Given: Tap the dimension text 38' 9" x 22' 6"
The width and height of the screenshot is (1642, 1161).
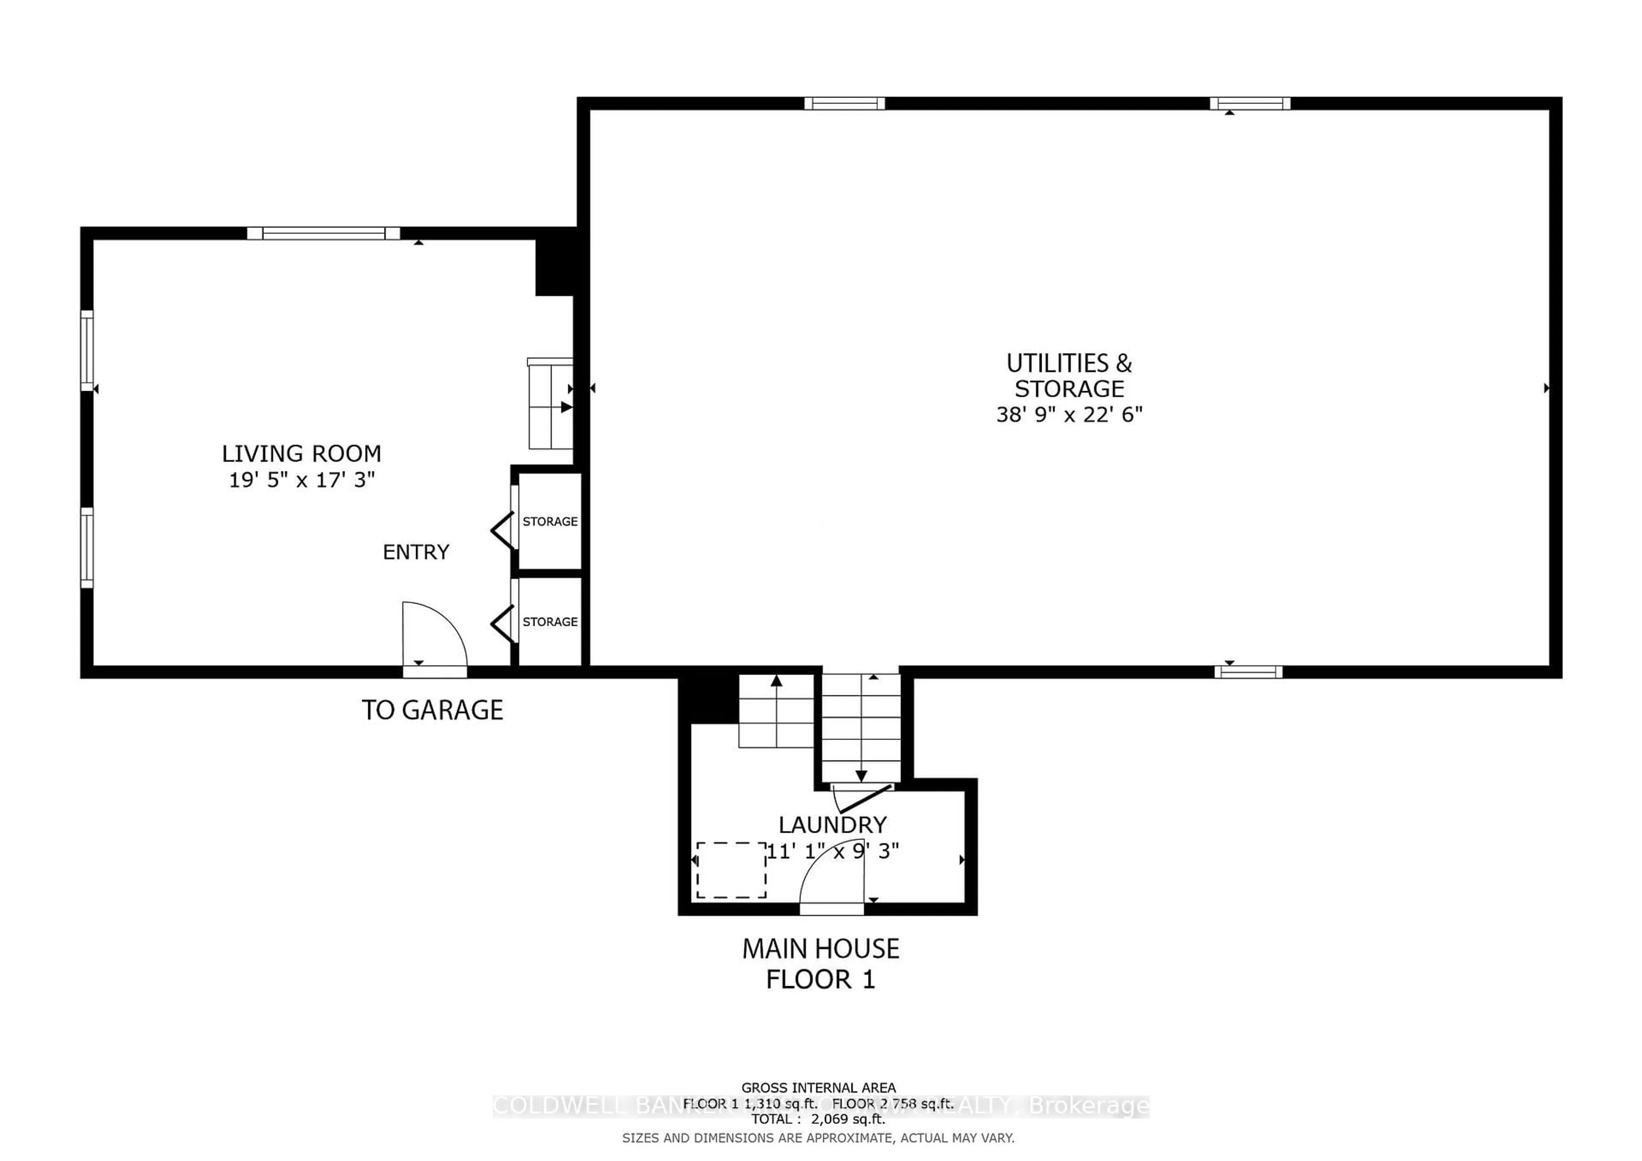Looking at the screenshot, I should (x=1069, y=415).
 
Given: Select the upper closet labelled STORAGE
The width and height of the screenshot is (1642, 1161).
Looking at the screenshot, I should (x=549, y=521).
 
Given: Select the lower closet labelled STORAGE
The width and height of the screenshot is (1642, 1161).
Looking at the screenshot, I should (x=549, y=621).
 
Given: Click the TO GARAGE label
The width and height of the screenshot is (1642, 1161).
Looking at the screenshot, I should (x=432, y=710).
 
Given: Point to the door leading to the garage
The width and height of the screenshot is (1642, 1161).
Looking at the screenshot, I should (x=434, y=640).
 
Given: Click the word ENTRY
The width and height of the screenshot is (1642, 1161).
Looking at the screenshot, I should (x=416, y=552).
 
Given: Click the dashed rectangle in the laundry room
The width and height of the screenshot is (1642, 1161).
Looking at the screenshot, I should (x=731, y=870).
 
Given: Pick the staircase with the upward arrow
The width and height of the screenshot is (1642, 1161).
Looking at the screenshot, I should (x=776, y=711).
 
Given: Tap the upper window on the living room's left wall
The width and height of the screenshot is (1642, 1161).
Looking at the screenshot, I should (x=86, y=350).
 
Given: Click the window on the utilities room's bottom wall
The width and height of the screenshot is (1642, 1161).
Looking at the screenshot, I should (x=1248, y=671).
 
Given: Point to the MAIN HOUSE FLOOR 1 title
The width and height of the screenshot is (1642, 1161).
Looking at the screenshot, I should (x=820, y=964).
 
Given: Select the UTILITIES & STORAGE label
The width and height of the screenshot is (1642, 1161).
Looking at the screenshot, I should (x=1069, y=376).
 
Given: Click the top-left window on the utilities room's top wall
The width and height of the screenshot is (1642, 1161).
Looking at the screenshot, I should (x=844, y=103).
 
